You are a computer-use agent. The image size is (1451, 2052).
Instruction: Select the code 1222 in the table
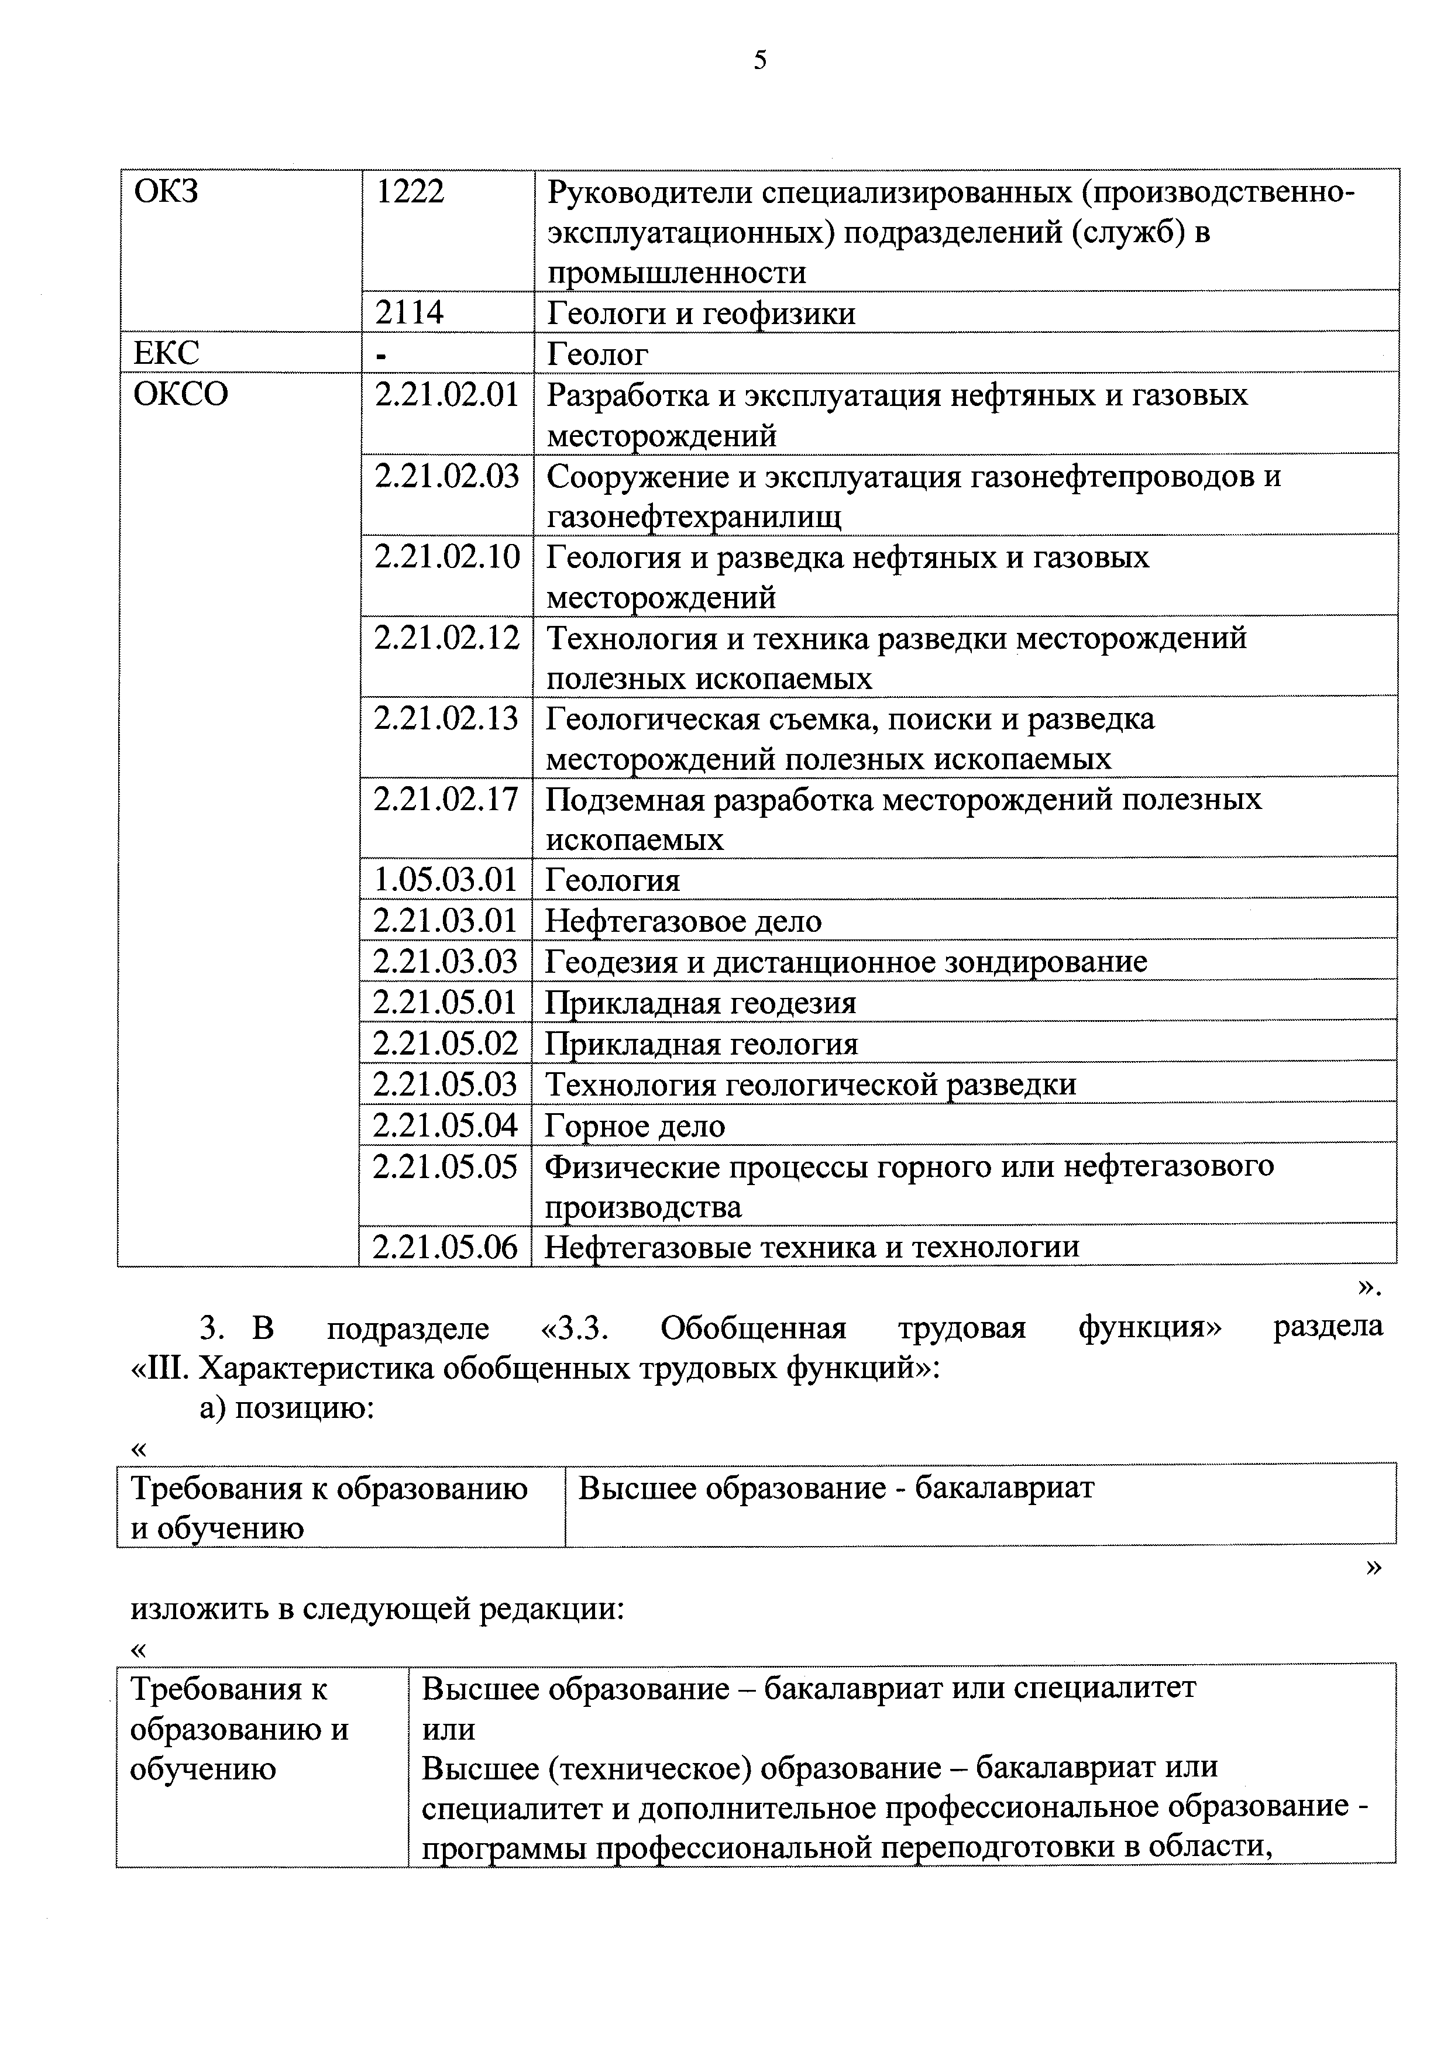tap(410, 192)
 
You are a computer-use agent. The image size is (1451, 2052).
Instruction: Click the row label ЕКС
tap(166, 353)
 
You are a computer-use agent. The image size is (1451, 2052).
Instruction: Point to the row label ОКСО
tap(181, 394)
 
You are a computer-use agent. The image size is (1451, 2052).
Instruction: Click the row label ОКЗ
tap(166, 192)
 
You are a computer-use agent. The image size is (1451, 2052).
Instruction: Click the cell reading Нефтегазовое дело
tap(683, 921)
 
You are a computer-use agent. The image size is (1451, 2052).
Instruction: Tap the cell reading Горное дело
tap(635, 1126)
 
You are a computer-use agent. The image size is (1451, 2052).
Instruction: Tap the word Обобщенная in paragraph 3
tap(753, 1328)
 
